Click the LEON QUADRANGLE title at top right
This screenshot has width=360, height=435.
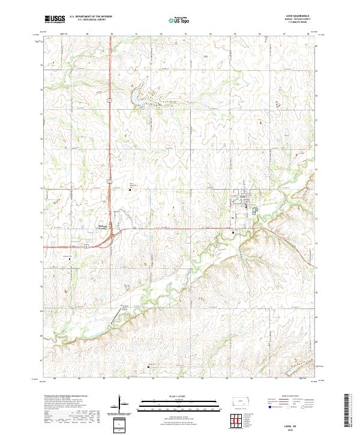(x=300, y=17)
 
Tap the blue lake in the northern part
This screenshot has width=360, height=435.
(x=144, y=96)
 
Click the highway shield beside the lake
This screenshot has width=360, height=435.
(x=110, y=101)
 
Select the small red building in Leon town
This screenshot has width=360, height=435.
(x=246, y=208)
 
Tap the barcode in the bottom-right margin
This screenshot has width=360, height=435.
(x=348, y=413)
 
